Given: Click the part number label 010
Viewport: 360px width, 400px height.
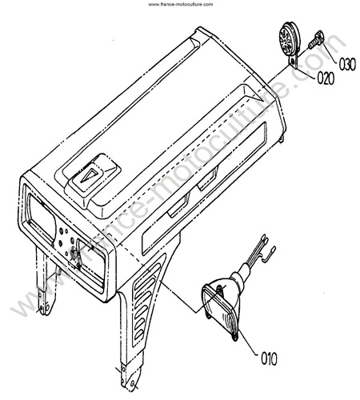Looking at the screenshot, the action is [x=269, y=358].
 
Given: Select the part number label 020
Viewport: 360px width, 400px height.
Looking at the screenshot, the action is [x=326, y=78].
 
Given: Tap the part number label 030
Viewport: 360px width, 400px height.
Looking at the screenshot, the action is [x=347, y=64].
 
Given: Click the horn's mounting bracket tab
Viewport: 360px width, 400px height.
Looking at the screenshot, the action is [x=294, y=62].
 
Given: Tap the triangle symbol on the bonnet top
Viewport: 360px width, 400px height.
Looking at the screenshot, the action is [x=90, y=175].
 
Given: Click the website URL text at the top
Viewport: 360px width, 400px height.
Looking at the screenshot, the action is [x=181, y=4].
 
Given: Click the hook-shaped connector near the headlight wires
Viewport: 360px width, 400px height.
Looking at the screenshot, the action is [x=269, y=254].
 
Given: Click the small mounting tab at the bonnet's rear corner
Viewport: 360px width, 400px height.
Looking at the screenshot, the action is [x=282, y=138].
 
